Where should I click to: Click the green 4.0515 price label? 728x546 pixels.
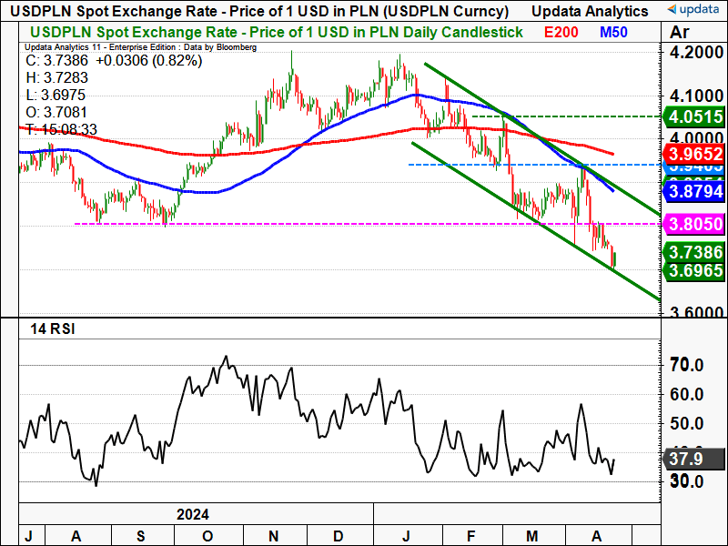695,117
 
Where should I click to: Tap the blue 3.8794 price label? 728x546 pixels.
695,193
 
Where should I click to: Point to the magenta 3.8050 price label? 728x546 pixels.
695,224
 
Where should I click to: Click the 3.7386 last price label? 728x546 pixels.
695,252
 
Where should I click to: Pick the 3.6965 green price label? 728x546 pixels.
695,271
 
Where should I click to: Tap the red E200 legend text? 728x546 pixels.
561,33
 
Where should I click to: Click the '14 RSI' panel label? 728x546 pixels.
52,329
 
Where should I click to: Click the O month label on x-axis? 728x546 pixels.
207,535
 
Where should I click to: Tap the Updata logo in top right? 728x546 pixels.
692,11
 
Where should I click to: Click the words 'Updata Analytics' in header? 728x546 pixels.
589,11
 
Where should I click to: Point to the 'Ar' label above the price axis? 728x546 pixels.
679,32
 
